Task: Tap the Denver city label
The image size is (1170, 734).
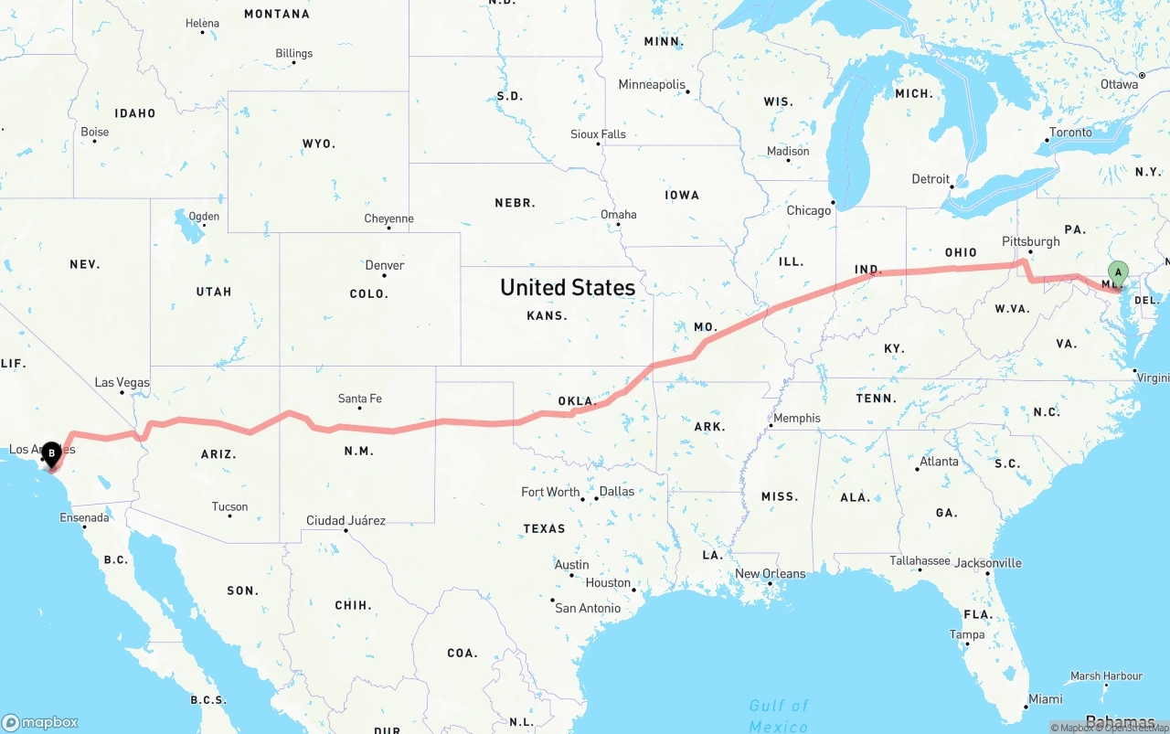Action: (385, 265)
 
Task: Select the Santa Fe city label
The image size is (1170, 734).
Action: (359, 399)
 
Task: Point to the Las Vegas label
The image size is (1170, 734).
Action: (122, 383)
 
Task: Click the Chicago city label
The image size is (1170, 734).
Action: (809, 210)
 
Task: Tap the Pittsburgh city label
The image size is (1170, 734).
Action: (1031, 242)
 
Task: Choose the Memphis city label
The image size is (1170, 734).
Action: (797, 419)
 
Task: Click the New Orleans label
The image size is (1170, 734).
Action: (771, 574)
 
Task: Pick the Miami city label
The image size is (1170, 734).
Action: (1045, 699)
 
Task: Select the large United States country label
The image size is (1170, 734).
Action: (568, 287)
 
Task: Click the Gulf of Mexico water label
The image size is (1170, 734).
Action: (779, 716)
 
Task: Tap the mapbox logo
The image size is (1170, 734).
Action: (40, 722)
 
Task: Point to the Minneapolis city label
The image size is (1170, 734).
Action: (652, 85)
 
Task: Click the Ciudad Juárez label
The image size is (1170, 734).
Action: (346, 521)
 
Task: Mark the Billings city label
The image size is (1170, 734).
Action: (294, 54)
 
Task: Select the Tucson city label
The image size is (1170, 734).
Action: (229, 506)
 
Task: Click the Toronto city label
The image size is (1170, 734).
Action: (1070, 133)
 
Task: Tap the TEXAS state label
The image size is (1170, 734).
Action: (545, 528)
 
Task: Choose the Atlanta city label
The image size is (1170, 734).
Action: (939, 462)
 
